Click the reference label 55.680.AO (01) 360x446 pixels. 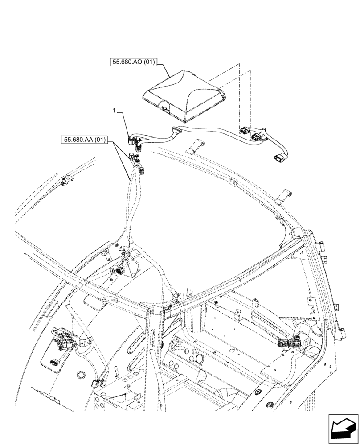coord(133,63)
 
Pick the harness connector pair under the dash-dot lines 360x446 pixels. coord(249,134)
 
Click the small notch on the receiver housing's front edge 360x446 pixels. coord(164,107)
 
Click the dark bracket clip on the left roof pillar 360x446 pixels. coord(119,270)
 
